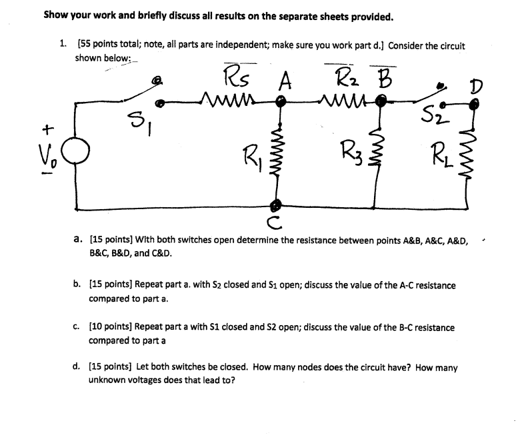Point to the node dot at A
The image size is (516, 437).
[281, 102]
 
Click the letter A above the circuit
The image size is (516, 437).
[285, 80]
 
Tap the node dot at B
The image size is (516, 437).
[381, 100]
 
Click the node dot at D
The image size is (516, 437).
[474, 105]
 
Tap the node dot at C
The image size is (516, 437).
[275, 206]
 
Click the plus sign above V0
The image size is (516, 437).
[48, 129]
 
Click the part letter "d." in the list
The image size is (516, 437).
[76, 366]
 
